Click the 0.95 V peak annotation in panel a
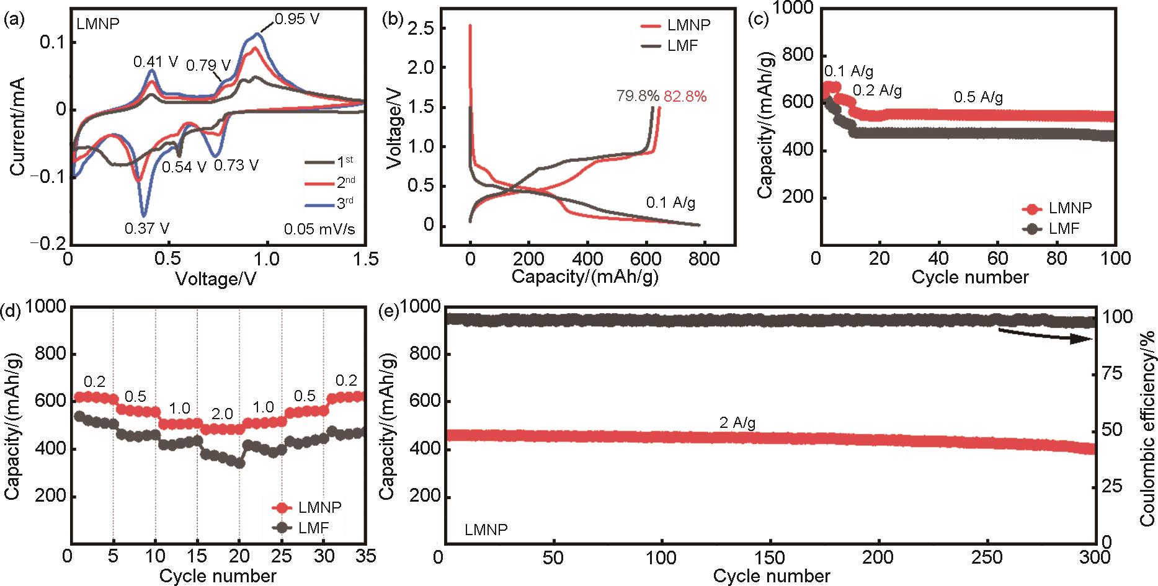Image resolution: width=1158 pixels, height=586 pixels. click(x=297, y=19)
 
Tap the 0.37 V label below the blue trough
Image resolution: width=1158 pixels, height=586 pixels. click(x=147, y=228)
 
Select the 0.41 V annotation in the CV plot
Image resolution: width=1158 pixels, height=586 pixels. click(x=156, y=62)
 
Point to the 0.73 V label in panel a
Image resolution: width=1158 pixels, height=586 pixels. click(x=236, y=166)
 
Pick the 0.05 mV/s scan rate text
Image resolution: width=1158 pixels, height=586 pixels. click(x=319, y=229)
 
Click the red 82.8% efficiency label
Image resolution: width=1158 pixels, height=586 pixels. click(x=685, y=96)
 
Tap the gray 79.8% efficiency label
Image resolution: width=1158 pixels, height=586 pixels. click(x=638, y=96)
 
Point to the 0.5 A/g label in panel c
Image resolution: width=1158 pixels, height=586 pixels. click(x=978, y=97)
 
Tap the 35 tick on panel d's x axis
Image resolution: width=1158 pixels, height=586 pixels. click(x=366, y=556)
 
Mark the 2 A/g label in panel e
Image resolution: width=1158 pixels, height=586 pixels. click(x=737, y=423)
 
